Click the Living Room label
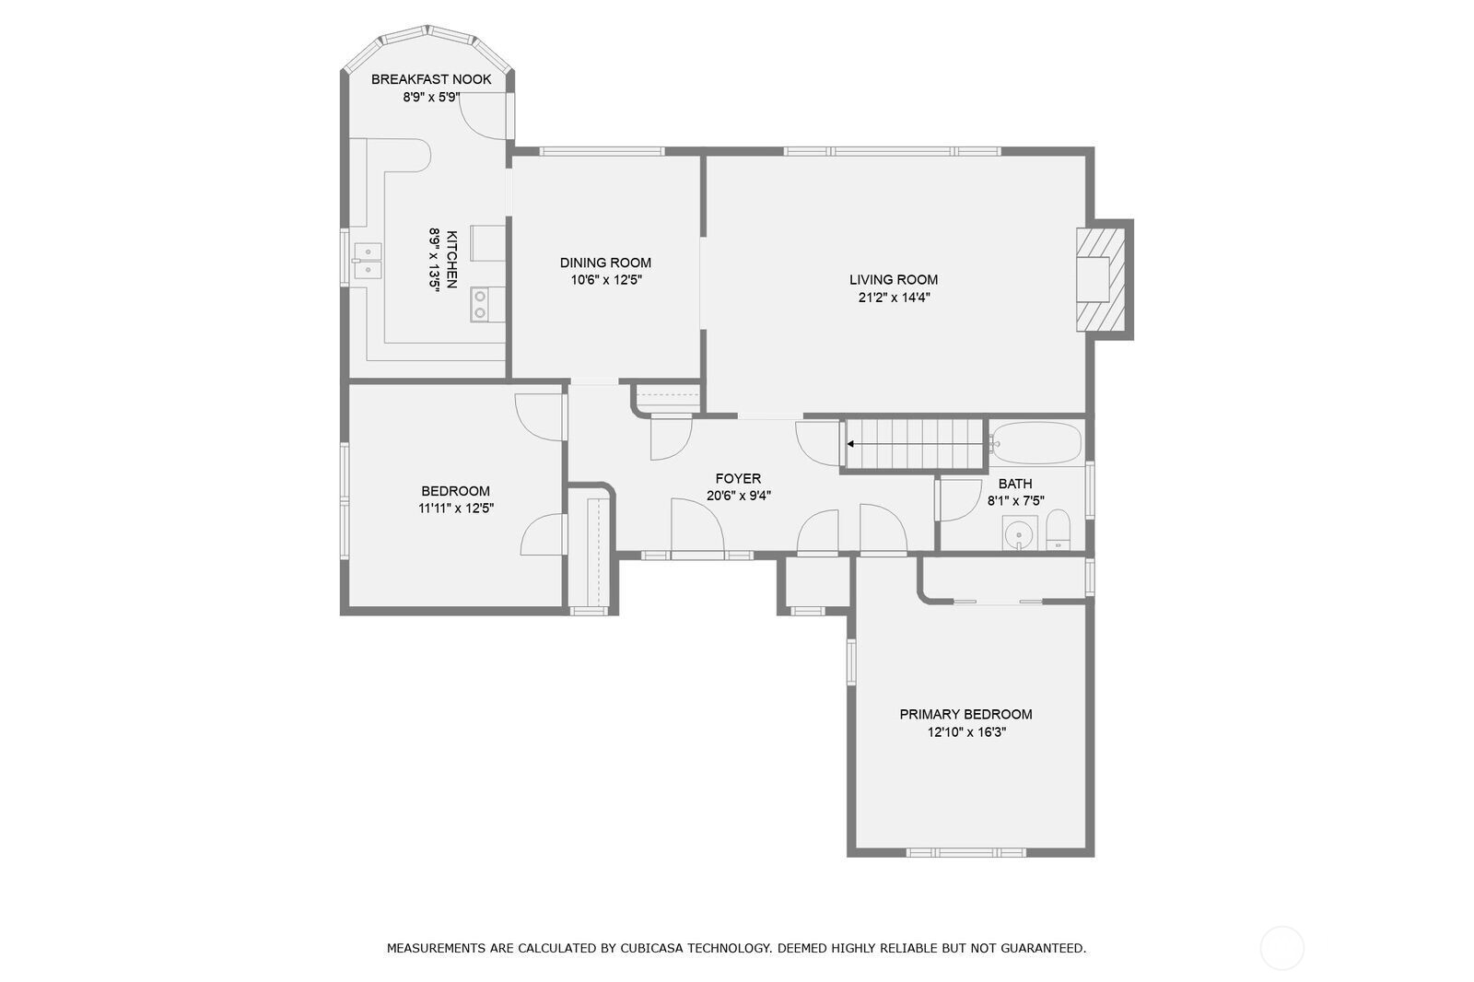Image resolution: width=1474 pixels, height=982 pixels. pos(893,280)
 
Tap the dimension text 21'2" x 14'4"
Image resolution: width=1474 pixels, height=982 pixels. pos(893,298)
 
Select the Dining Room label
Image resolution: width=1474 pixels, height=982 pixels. pos(605,263)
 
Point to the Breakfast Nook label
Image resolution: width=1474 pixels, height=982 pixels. pos(431,79)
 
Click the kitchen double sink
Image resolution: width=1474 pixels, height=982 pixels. pos(368,261)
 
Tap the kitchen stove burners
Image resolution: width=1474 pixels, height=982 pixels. pos(480,305)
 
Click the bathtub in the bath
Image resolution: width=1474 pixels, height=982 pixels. pos(1035,443)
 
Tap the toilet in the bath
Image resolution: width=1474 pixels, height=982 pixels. pos(1058,531)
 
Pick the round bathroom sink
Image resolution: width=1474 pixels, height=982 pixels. pos(1017,533)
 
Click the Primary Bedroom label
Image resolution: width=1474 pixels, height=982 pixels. pos(965,714)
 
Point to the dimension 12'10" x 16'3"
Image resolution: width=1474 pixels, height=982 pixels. pos(965,732)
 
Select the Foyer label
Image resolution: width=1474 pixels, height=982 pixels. pos(738,479)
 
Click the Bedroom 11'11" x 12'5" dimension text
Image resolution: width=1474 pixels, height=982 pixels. pos(456,508)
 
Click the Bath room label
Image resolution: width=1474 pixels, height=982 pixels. pos(1015,484)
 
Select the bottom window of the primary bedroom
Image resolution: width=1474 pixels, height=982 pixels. pos(965,852)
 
